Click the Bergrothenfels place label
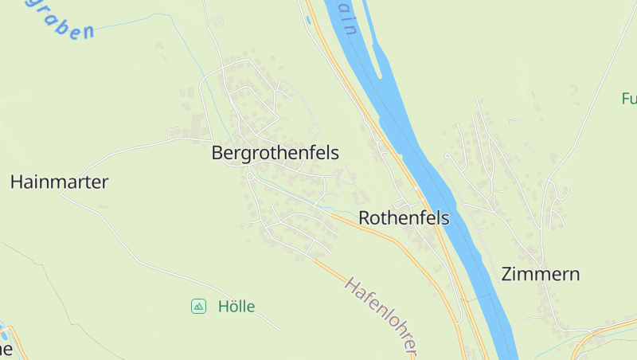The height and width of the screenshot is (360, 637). coord(276,153)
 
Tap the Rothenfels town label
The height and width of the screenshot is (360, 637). coord(404,217)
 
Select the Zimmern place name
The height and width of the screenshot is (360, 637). coord(540,274)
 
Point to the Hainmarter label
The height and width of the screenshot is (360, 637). coord(59,182)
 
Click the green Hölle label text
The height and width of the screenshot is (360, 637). coord(236,306)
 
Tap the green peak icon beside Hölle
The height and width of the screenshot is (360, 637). coord(198,306)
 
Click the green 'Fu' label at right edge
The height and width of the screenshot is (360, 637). coord(629,100)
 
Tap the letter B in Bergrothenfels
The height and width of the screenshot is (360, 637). coord(217,153)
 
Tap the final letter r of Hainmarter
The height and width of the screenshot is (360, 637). coord(105,182)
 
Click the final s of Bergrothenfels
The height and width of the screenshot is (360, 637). coord(335,153)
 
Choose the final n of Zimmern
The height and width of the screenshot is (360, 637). coord(574,275)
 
